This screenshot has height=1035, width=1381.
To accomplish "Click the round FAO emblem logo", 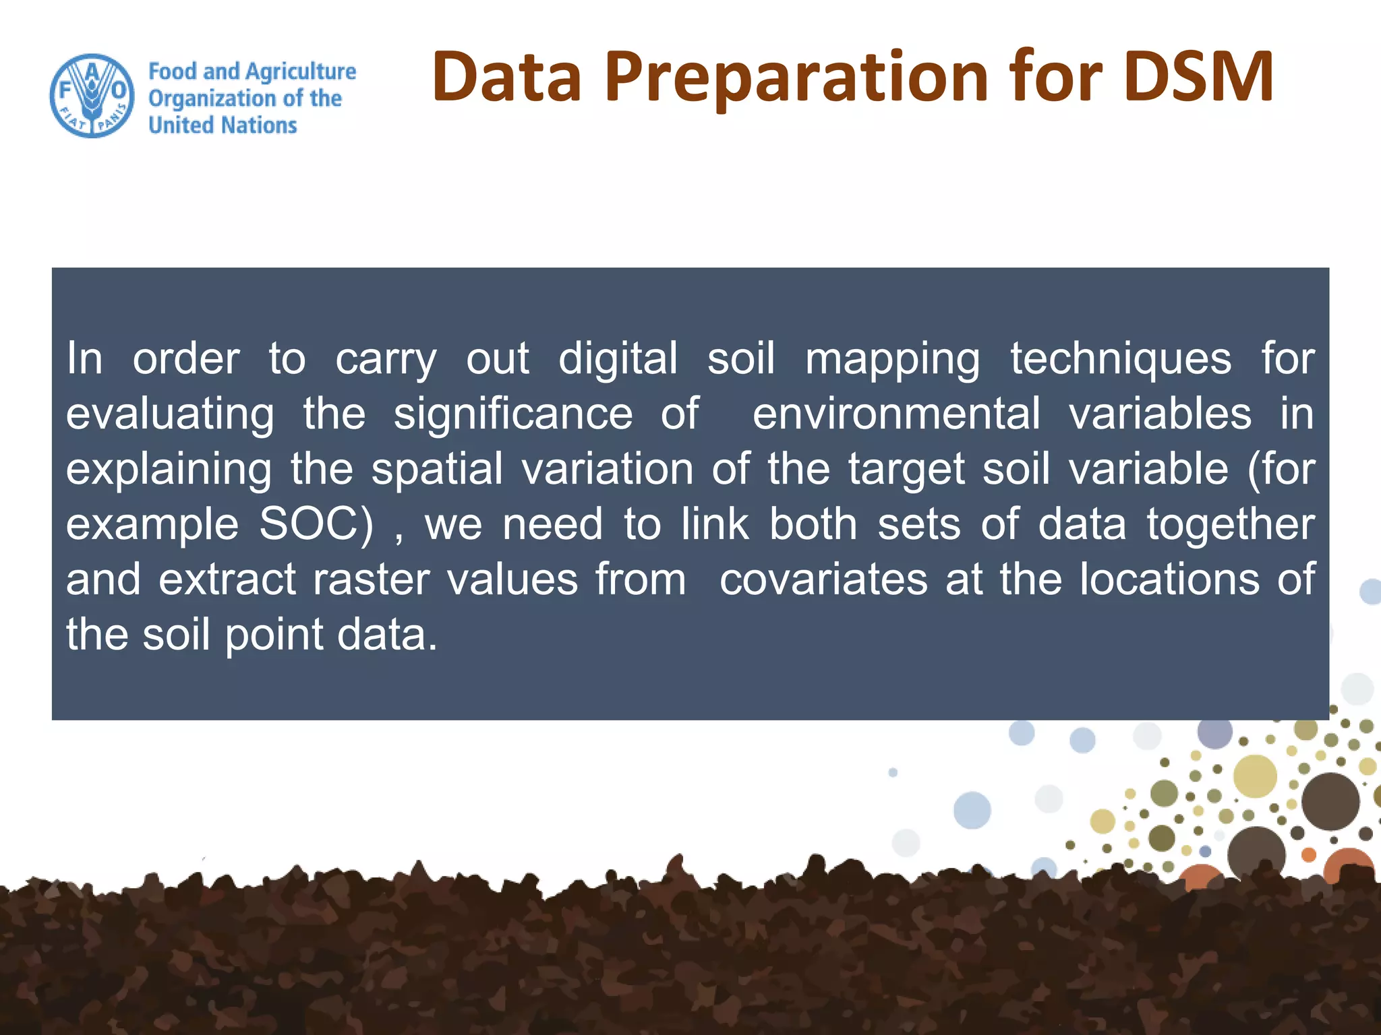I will pyautogui.click(x=92, y=96).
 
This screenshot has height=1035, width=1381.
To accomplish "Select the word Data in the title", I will pyautogui.click(x=506, y=77).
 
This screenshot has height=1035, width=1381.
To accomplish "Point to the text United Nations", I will pyautogui.click(x=223, y=125).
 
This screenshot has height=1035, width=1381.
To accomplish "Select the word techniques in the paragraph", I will pyautogui.click(x=1120, y=358).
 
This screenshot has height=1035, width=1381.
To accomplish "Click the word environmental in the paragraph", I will pyautogui.click(x=896, y=414).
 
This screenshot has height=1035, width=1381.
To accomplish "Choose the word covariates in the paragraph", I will pyautogui.click(x=823, y=579).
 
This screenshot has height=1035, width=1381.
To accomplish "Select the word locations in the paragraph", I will pyautogui.click(x=1169, y=579).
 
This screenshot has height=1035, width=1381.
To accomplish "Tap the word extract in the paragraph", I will pyautogui.click(x=227, y=579).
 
